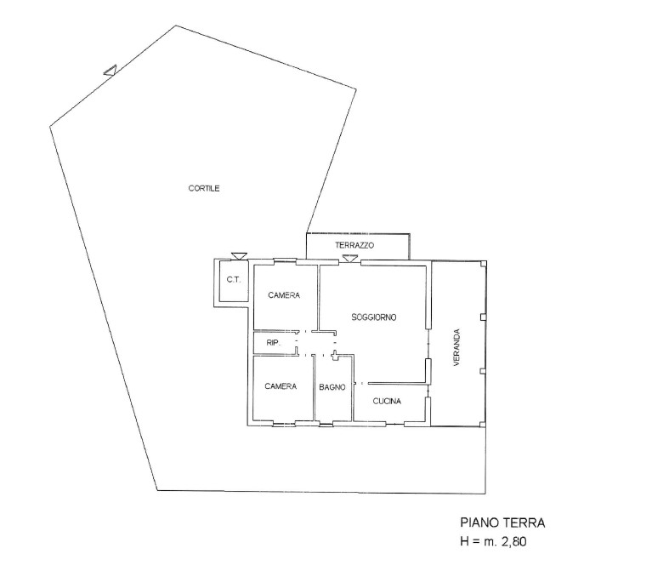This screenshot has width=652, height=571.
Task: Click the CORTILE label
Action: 204,189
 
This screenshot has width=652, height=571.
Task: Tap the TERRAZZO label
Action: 354,246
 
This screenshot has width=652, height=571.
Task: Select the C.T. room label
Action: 234,280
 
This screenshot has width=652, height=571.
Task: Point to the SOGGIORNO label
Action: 374,317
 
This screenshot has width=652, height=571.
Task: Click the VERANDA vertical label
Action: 457,347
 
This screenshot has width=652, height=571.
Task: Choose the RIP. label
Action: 273,343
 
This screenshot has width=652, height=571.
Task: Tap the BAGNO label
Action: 332,387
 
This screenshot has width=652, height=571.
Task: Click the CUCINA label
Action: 387,401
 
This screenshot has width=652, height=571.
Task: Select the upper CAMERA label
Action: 284,295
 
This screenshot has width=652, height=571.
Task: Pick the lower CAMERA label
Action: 281,386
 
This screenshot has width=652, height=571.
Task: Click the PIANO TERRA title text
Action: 502,522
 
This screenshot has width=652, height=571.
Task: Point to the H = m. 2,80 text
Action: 493,541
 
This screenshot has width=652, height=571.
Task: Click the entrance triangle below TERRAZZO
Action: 349,259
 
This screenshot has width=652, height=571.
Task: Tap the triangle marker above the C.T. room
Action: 239,256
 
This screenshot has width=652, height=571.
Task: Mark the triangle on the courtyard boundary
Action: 111,71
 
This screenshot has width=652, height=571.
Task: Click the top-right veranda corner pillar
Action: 483,264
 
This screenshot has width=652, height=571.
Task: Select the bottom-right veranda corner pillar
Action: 482,425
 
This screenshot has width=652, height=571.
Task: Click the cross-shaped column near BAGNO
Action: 335,356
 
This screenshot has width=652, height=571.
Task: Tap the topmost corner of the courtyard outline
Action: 175,26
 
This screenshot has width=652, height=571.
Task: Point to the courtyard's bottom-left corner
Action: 157,490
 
